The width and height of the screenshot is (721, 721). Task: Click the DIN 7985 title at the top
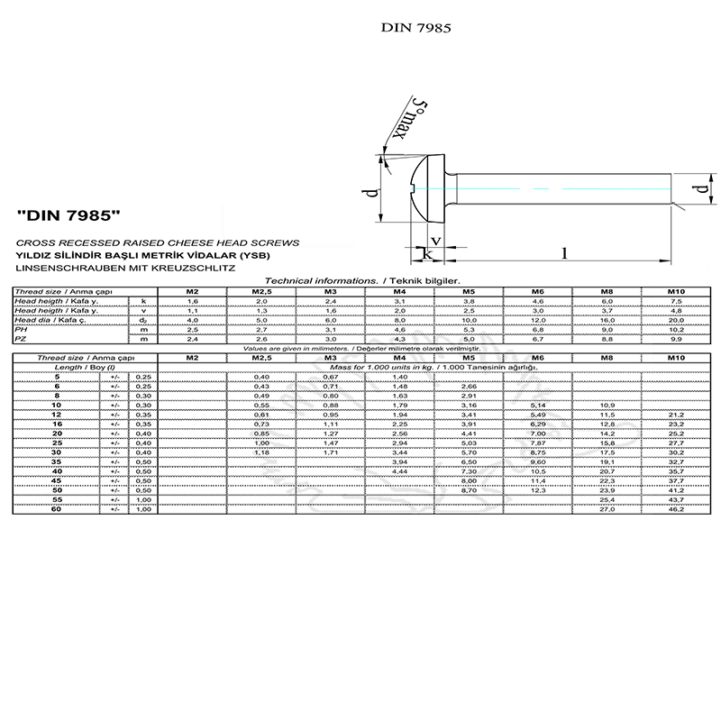415,27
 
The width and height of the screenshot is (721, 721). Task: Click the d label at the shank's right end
701,189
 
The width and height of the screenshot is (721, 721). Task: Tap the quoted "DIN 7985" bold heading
69,217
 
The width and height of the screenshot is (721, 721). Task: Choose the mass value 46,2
675,510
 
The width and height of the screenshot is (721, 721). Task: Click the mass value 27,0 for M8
607,510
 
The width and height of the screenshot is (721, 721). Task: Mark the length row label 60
57,510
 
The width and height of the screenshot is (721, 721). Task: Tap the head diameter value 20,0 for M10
675,320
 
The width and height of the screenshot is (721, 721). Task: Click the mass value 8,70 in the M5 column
469,489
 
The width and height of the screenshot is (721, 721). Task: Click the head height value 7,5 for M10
675,301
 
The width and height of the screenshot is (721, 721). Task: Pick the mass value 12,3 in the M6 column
537,489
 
